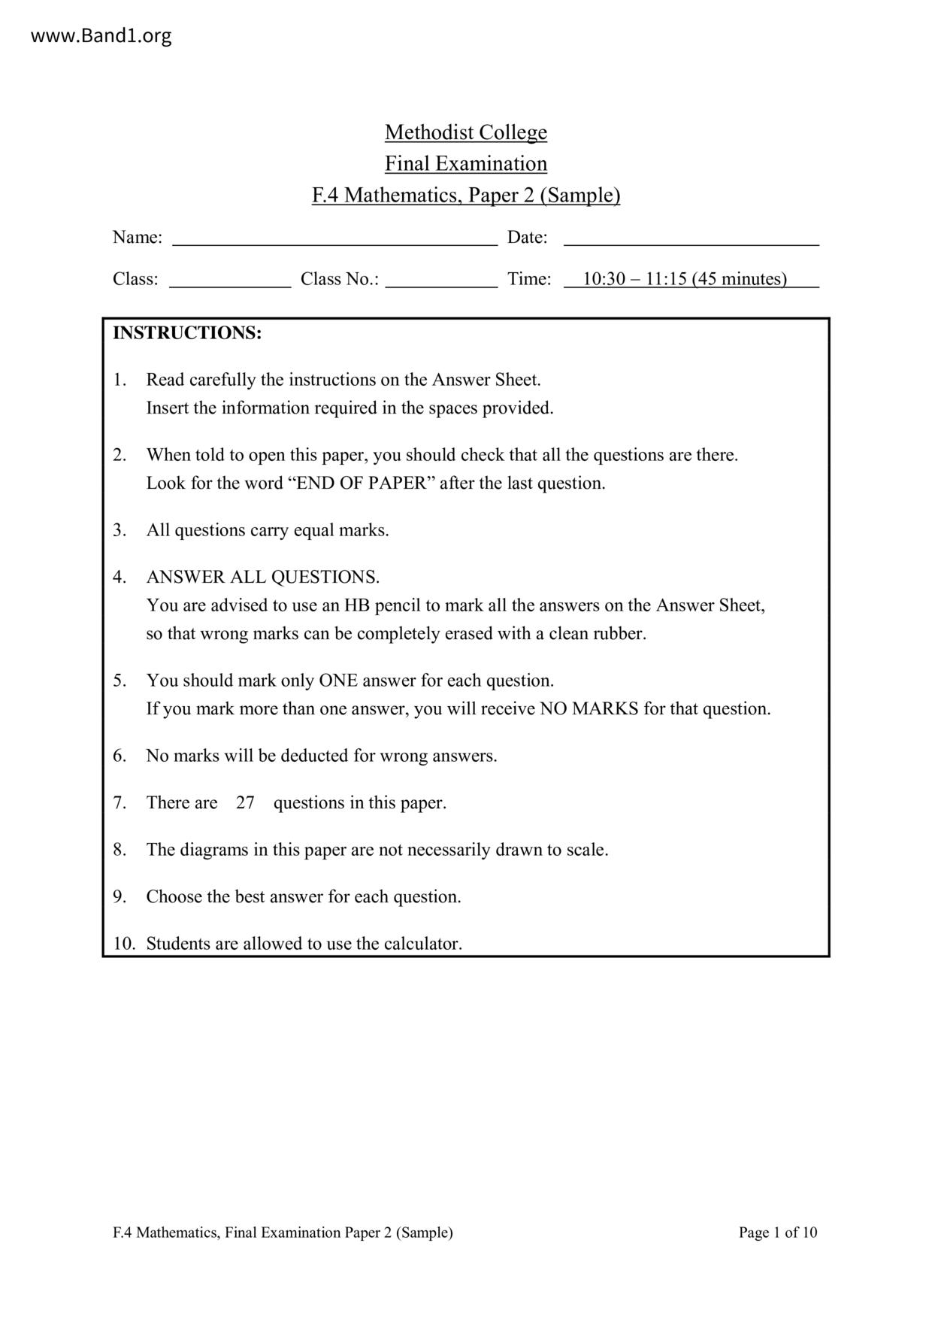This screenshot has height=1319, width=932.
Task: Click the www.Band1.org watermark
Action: [x=101, y=35]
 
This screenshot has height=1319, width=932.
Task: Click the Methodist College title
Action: [x=465, y=132]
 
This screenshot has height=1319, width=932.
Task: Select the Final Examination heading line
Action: [x=465, y=164]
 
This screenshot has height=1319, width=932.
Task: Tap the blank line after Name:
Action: [x=334, y=238]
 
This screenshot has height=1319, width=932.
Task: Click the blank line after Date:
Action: [x=691, y=238]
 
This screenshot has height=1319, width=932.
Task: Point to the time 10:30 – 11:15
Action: [x=635, y=279]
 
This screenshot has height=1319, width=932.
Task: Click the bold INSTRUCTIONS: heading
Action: [x=187, y=333]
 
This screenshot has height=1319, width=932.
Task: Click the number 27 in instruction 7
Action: [x=245, y=802]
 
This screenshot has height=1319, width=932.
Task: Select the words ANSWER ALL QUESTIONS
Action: [x=263, y=577]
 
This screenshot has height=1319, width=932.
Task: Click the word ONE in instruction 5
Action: [x=337, y=681]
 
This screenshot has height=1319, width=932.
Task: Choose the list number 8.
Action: [x=120, y=850]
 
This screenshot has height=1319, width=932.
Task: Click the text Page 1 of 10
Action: [x=778, y=1232]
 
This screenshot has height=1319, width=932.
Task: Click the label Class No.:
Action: [x=340, y=279]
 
